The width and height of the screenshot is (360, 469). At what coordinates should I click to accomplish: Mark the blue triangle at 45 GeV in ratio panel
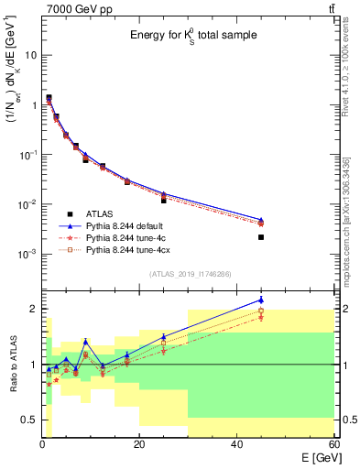point(261,300)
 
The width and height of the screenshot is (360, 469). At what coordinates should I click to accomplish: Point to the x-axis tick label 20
point(139,445)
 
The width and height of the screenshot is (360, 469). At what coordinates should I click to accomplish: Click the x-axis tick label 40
point(236,445)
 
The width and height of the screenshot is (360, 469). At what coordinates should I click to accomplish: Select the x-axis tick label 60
point(333,445)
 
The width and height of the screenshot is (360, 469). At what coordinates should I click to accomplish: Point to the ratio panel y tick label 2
point(34,309)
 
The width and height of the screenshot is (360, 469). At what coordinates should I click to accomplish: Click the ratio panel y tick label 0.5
point(29,420)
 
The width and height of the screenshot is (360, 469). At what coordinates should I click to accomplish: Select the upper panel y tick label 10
point(30,55)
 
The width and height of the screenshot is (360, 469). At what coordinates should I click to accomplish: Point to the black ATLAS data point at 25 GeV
point(164,199)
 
